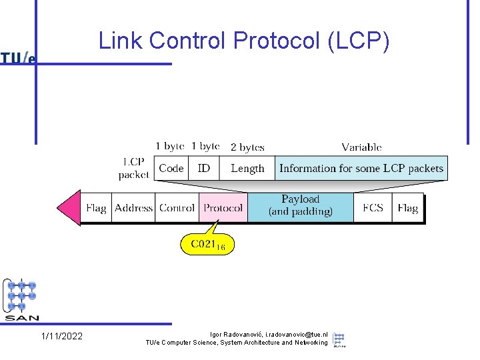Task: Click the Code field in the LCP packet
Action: [x=171, y=169]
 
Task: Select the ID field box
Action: [x=204, y=169]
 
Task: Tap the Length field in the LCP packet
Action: [x=247, y=169]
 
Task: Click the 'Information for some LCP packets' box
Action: [x=361, y=169]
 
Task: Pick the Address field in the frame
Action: [x=133, y=208]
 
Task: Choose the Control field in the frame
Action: [x=177, y=208]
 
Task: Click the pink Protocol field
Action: [x=223, y=208]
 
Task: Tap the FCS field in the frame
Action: [x=373, y=208]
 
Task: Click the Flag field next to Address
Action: [x=96, y=208]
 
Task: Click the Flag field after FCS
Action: [x=407, y=208]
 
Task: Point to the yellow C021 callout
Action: [x=207, y=245]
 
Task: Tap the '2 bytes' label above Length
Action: [x=247, y=147]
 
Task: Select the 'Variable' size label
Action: [x=361, y=147]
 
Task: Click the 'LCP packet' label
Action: [x=134, y=168]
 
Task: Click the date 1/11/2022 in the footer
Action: [x=62, y=336]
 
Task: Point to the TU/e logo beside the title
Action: [x=18, y=58]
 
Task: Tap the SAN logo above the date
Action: [x=21, y=299]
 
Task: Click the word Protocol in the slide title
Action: [x=277, y=41]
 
